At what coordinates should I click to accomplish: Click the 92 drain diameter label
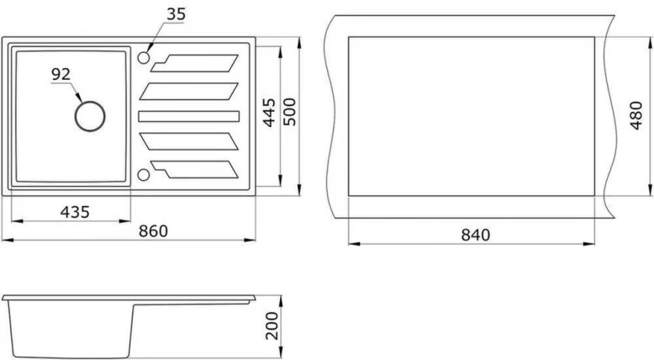(61, 75)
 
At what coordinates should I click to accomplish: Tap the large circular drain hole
(89, 116)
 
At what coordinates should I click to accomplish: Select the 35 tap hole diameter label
(175, 14)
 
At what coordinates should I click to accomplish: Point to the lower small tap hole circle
(143, 175)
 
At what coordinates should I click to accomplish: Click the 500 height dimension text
(290, 111)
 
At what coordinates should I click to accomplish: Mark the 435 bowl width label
(76, 212)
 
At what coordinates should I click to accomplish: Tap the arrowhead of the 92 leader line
(82, 101)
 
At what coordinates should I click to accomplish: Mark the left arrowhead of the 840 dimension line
(351, 244)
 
